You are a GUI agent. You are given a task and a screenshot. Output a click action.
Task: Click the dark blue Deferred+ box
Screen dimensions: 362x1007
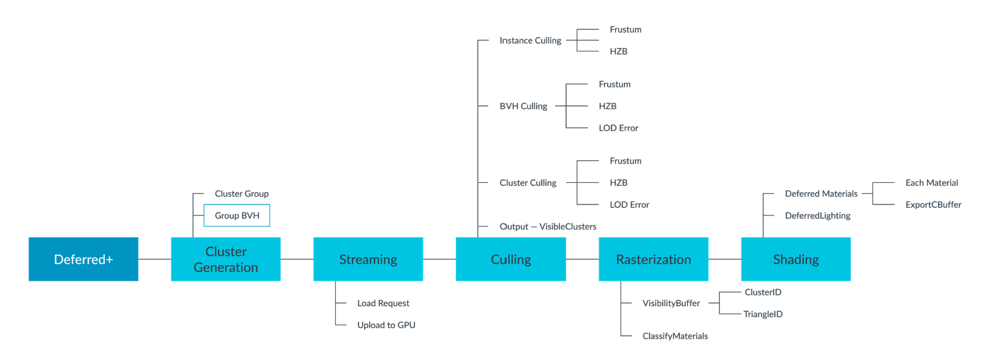(x=83, y=259)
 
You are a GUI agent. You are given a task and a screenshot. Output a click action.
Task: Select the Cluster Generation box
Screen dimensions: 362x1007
(x=225, y=259)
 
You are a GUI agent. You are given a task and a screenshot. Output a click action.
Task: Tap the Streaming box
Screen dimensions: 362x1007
(x=368, y=259)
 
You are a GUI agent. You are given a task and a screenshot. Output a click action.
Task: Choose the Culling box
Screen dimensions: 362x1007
(x=510, y=259)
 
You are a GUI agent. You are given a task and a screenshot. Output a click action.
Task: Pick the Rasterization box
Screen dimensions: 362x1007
(x=653, y=259)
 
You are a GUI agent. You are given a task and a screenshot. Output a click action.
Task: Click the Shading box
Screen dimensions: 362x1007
(x=796, y=259)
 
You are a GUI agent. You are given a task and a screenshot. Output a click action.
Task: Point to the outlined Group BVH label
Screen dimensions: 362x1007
(x=237, y=216)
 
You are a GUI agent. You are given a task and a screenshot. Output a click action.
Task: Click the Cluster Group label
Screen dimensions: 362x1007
(x=241, y=194)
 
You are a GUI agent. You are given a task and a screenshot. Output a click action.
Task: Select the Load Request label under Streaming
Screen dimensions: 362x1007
(x=383, y=303)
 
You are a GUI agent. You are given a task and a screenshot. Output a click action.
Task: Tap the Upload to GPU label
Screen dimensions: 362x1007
(x=386, y=325)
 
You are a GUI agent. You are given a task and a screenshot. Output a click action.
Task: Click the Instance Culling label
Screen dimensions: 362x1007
(x=530, y=41)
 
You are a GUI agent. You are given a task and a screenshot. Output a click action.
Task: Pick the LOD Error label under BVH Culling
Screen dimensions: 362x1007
(x=618, y=128)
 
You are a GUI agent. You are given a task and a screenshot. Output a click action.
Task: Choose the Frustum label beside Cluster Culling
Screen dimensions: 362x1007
(x=625, y=161)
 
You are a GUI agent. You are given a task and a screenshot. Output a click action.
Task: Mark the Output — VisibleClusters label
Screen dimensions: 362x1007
(x=548, y=226)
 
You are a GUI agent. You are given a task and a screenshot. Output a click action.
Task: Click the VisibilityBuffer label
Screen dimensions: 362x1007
(x=671, y=303)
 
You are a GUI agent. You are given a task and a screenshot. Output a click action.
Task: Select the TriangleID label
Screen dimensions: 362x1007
(x=763, y=314)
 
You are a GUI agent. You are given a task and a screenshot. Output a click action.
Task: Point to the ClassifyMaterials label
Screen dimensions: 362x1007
(x=675, y=336)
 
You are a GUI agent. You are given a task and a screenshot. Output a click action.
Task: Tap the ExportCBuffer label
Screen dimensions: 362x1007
(x=933, y=205)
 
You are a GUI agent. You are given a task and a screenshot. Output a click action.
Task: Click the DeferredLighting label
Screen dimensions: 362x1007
(x=817, y=216)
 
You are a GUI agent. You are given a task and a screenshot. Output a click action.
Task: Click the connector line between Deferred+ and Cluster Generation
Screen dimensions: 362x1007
(x=155, y=259)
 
